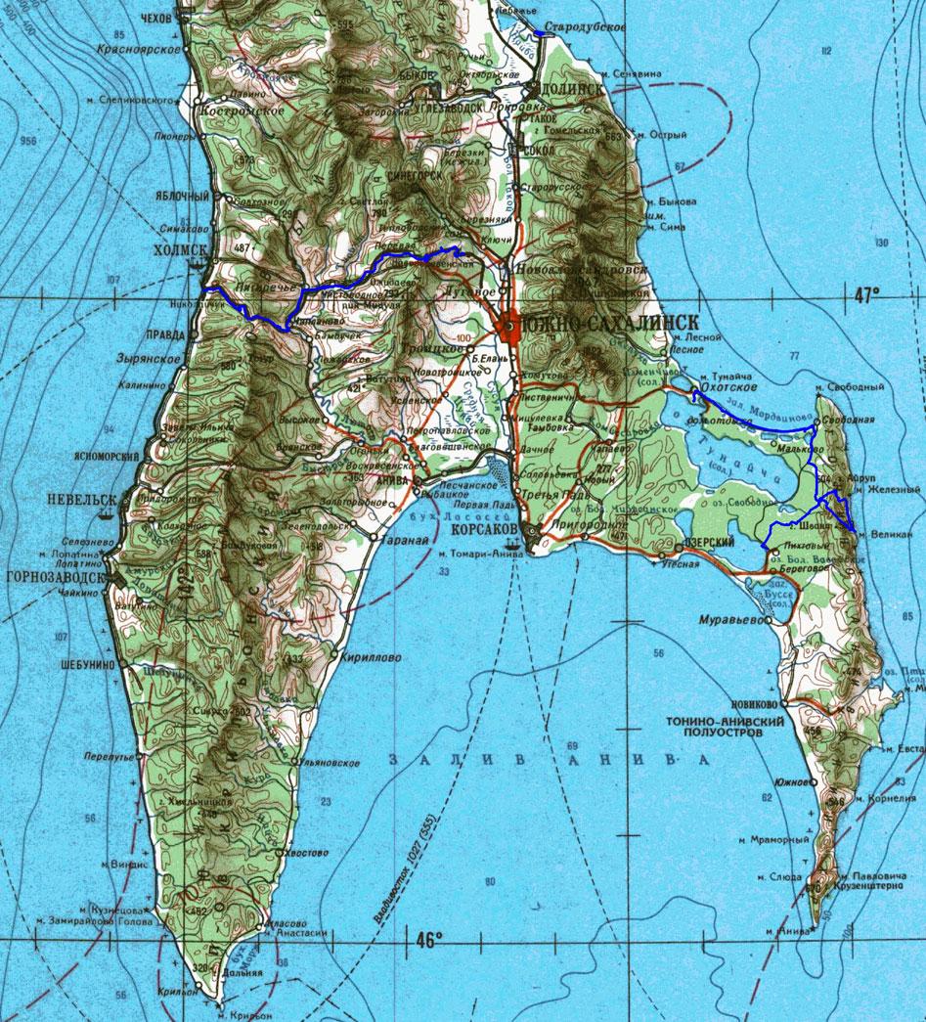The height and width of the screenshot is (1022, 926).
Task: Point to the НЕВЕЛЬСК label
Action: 81,499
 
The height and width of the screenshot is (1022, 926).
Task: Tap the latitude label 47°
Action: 865,292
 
